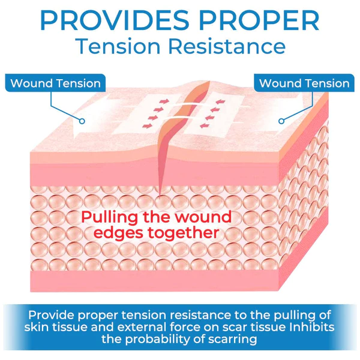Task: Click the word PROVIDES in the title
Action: point(114,20)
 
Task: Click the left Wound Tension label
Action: point(56,83)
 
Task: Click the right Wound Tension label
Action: point(304,83)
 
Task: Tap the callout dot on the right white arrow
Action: point(281,120)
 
